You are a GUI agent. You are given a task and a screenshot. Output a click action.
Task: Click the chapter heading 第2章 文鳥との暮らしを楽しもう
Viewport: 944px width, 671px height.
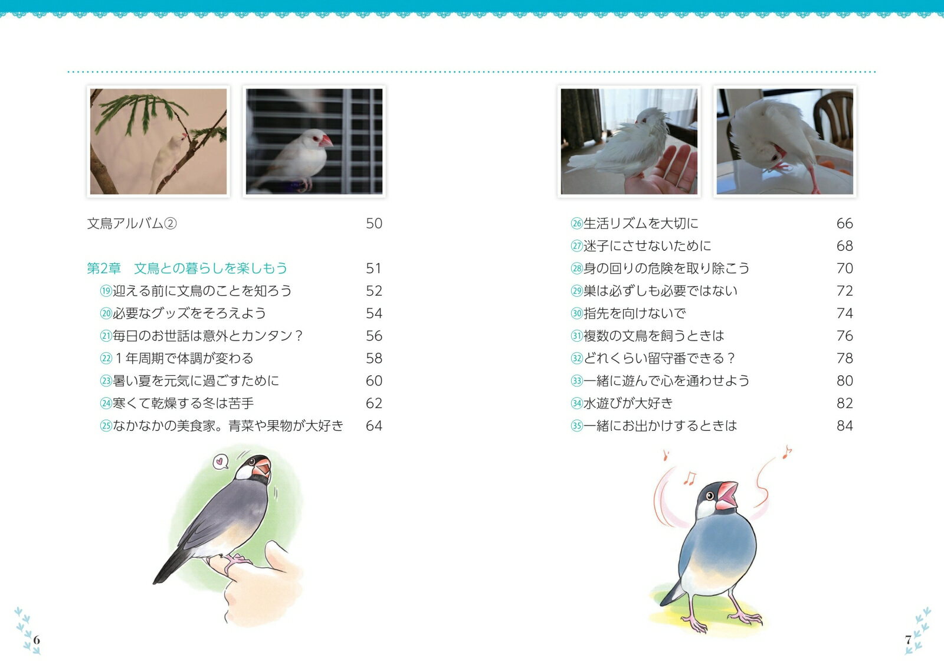(x=187, y=268)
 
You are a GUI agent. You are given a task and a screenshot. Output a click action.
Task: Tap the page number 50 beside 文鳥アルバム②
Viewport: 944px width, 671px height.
(x=374, y=224)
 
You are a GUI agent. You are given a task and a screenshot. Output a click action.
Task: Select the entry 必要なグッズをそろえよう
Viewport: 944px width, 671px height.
(x=189, y=313)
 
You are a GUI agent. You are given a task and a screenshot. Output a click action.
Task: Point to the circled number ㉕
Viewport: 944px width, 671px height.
(x=106, y=426)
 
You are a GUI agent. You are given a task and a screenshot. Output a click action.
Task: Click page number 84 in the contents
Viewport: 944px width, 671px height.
(x=844, y=425)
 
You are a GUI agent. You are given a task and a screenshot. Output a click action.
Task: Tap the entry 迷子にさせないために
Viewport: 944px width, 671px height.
(x=647, y=246)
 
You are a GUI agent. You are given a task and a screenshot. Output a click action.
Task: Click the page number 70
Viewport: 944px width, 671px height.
(x=844, y=269)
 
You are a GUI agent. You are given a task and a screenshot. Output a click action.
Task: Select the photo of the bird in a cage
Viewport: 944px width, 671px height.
(x=314, y=141)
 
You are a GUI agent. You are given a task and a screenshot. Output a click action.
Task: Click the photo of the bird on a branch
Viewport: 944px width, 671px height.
(x=159, y=141)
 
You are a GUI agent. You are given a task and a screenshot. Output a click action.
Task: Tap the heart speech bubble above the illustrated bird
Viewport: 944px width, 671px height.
(x=219, y=461)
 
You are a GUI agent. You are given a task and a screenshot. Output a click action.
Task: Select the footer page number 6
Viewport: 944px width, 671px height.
(x=37, y=640)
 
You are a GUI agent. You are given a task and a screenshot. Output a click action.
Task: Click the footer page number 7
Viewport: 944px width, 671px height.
(x=908, y=640)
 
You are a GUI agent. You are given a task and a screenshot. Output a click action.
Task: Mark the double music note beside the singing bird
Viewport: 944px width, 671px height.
(x=690, y=478)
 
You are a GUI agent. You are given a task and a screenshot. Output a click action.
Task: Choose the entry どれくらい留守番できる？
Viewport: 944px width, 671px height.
(x=659, y=358)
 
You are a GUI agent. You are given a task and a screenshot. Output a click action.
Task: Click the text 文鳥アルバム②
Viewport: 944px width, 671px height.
(x=132, y=224)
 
